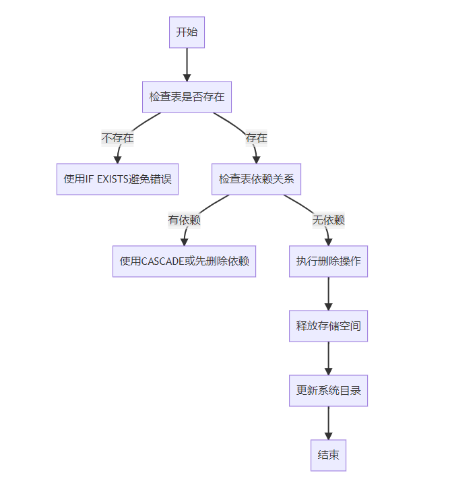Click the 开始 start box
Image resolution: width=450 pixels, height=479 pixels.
[x=187, y=32]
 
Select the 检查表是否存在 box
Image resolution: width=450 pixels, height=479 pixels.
[x=187, y=97]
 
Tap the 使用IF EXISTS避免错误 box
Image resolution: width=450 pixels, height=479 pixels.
[x=117, y=179]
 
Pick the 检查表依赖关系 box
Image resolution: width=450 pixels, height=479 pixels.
[x=256, y=179]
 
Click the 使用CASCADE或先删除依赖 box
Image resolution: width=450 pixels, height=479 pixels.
[x=184, y=261]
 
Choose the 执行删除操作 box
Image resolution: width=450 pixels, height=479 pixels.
[x=328, y=261]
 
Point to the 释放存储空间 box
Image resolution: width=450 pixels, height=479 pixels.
[x=328, y=326]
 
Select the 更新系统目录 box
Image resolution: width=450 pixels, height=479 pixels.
[x=328, y=391]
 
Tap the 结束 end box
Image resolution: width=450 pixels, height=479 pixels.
[x=328, y=455]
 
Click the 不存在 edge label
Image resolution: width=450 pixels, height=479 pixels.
[x=117, y=138]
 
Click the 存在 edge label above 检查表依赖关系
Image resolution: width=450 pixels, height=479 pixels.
[x=256, y=138]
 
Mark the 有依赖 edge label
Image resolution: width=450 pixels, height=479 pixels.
[x=184, y=220]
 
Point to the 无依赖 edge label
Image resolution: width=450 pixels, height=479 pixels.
[x=328, y=220]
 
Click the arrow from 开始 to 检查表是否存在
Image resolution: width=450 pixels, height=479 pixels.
[x=187, y=65]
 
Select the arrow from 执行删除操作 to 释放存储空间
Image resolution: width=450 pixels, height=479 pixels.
[x=328, y=294]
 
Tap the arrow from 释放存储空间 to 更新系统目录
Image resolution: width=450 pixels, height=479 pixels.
[x=328, y=358]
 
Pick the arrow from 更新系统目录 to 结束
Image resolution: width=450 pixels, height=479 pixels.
[x=328, y=423]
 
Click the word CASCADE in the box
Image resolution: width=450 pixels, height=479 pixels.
[x=162, y=261]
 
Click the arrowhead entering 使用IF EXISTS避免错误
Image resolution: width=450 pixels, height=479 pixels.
[x=117, y=159]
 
